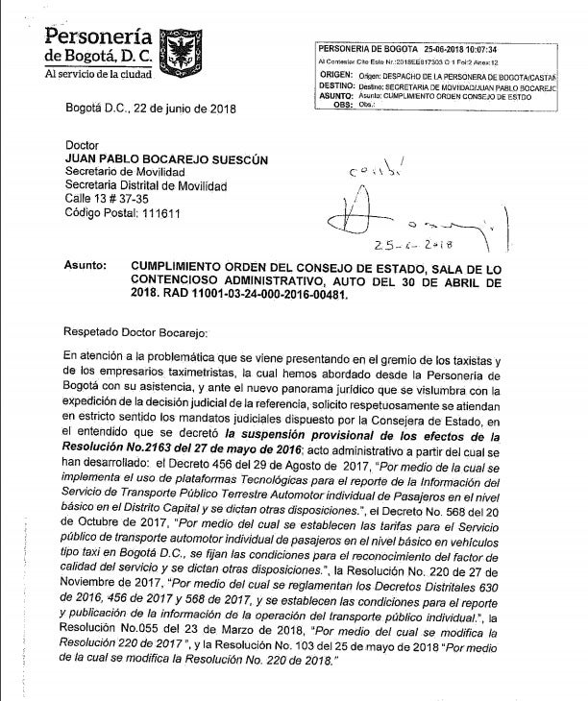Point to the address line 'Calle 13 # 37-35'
(x=109, y=199)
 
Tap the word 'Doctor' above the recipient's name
(x=84, y=145)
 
